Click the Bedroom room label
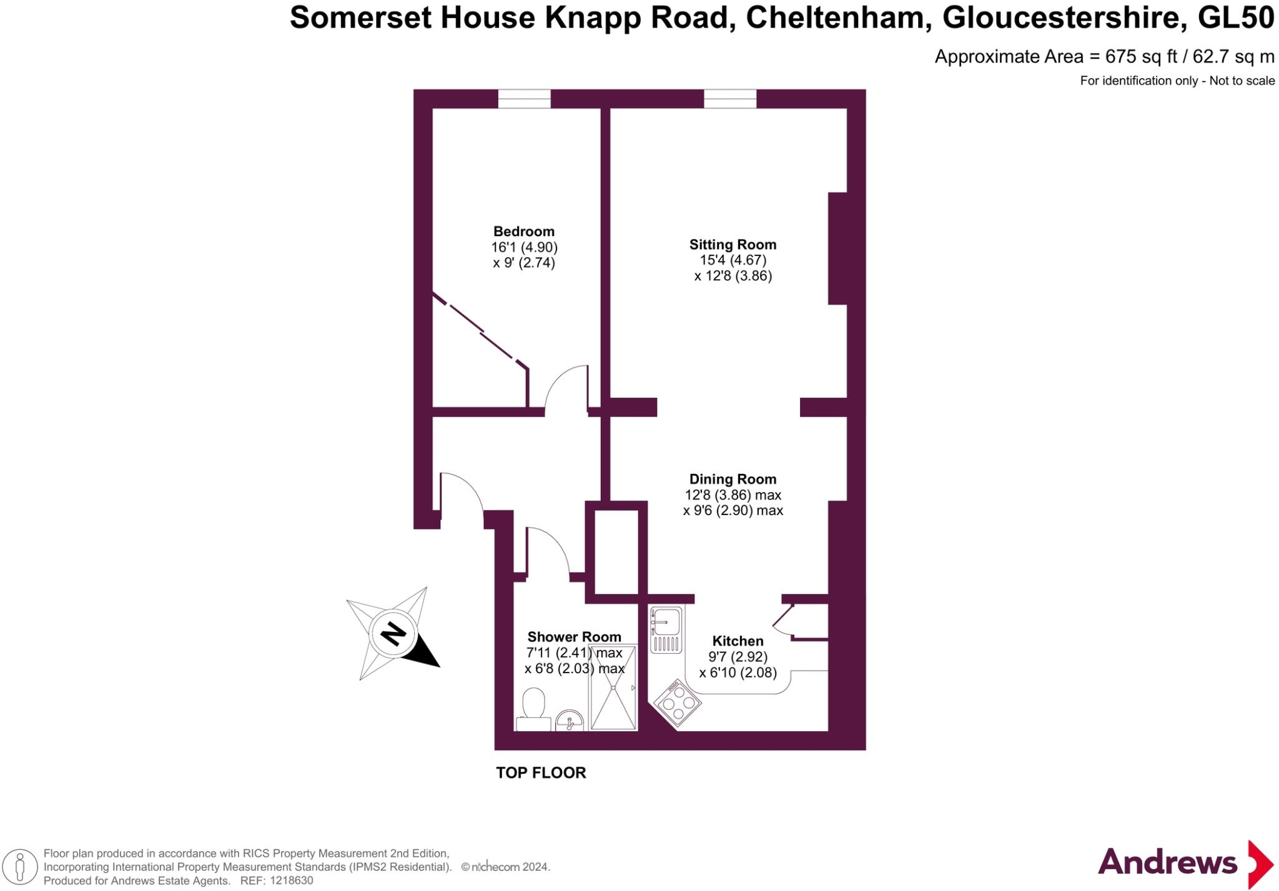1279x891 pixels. point(523,232)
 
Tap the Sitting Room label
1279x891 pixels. point(733,245)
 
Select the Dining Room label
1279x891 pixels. point(733,480)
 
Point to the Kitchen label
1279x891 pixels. point(738,641)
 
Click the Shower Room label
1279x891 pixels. point(574,637)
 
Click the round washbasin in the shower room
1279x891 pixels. point(569,721)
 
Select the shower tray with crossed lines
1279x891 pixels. point(613,687)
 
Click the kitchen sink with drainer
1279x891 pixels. point(666,629)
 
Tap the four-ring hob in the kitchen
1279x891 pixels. point(677,704)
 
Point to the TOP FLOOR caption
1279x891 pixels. point(541,773)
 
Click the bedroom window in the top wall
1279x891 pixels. point(524,99)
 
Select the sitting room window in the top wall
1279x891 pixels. point(730,99)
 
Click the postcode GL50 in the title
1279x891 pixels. point(1236,17)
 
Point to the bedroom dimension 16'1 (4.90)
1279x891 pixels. point(524,247)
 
